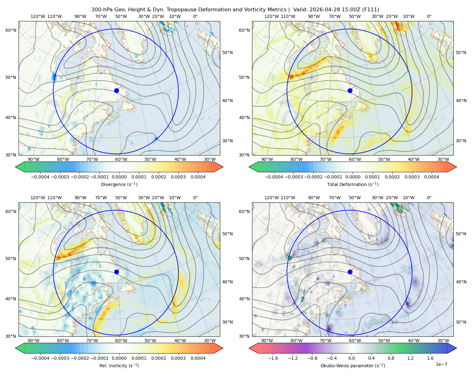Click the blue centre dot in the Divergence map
[116, 90]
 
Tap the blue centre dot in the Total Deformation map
[350, 90]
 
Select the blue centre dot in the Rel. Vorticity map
[116, 272]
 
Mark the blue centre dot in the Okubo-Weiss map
[350, 272]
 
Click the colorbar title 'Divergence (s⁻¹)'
[119, 184]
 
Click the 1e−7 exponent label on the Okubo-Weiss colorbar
[441, 364]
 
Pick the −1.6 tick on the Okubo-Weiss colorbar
[273, 358]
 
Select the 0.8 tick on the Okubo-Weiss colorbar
[391, 358]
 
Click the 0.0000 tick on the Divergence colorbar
[119, 177]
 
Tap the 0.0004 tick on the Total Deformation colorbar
[432, 177]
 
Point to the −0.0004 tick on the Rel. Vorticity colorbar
[40, 358]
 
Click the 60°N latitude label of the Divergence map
[11, 30]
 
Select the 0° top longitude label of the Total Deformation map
[429, 16]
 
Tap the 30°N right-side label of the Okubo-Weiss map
[461, 322]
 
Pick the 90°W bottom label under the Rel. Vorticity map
[34, 341]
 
